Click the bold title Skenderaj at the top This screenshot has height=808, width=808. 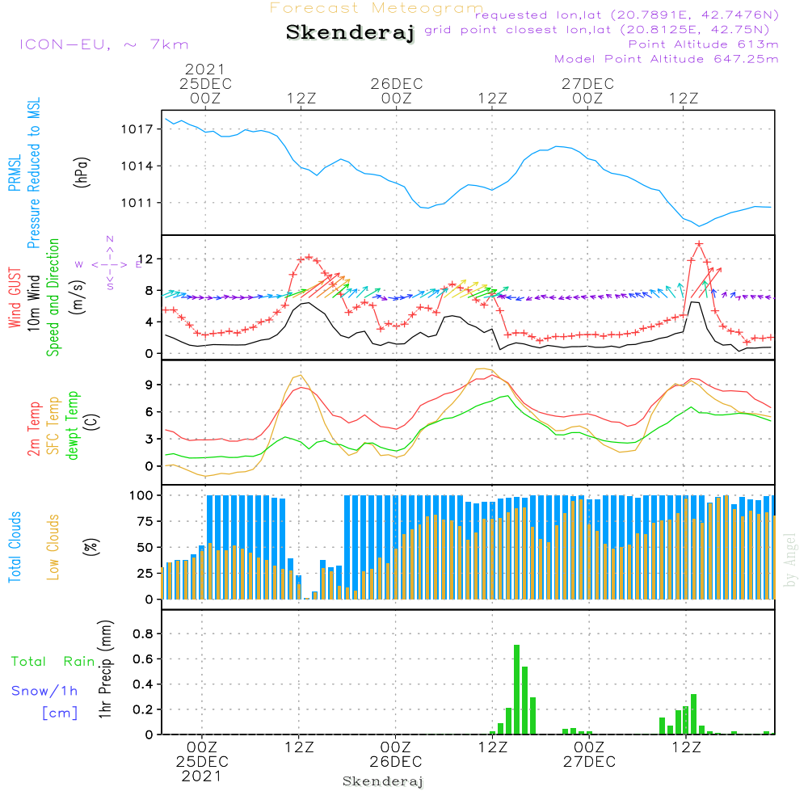pyautogui.click(x=350, y=33)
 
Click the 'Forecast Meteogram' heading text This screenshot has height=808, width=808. pyautogui.click(x=377, y=9)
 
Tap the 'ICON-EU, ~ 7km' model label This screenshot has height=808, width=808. pyautogui.click(x=103, y=44)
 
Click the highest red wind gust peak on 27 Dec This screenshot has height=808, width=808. pyautogui.click(x=698, y=243)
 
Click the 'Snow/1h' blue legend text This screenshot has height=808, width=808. pyautogui.click(x=44, y=691)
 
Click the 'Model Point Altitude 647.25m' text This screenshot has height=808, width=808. pyautogui.click(x=667, y=59)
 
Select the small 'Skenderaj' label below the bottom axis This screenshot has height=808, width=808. pyautogui.click(x=383, y=781)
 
